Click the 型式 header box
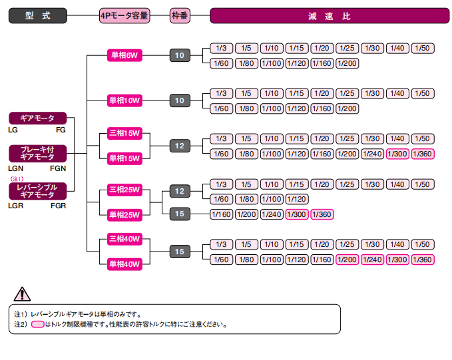(37, 15)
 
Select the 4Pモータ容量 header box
(124, 15)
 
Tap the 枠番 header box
(180, 15)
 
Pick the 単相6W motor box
(124, 55)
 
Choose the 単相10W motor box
(124, 100)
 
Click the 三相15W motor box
(124, 133)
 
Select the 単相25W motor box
(124, 214)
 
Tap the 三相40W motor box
(124, 239)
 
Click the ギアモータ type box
(37, 118)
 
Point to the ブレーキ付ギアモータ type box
(37, 153)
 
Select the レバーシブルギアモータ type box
(37, 191)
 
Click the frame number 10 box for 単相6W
(180, 55)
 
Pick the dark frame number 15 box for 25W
(180, 214)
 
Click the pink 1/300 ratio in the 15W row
(397, 154)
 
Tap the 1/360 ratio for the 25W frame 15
(322, 214)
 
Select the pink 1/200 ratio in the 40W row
(347, 259)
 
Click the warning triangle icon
(23, 293)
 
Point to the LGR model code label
(17, 206)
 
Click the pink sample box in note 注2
(38, 325)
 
